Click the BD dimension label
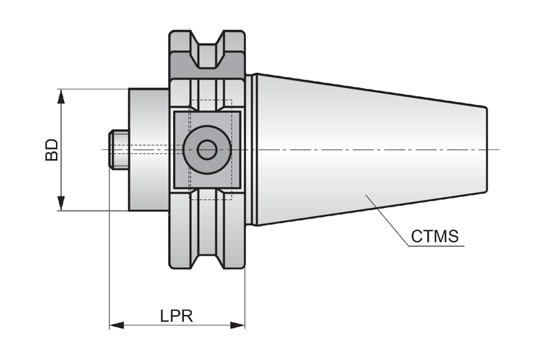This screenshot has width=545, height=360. point(52,150)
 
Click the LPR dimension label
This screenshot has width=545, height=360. point(176,316)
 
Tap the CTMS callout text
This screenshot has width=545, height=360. point(435,237)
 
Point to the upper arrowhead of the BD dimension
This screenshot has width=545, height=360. point(61,96)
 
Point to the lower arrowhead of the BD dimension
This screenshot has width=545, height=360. point(61,203)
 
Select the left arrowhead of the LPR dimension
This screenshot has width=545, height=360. point(116,325)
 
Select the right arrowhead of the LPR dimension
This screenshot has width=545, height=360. point(238,325)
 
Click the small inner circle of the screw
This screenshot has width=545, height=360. point(207,150)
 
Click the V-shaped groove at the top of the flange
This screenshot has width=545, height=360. point(208,50)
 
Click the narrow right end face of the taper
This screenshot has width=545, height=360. point(486,150)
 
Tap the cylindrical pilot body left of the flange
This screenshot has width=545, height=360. point(149,150)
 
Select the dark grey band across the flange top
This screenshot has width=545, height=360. point(208,66)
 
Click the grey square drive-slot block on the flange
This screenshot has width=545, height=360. point(207,150)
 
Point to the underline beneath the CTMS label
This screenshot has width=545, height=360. point(436,246)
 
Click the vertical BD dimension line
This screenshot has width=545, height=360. point(61,150)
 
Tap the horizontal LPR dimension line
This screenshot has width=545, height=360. point(177,325)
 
